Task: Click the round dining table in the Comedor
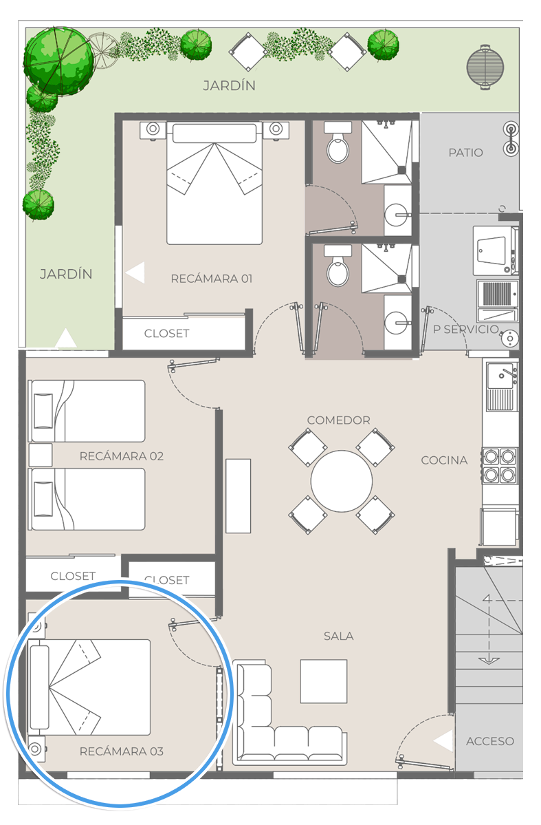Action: pyautogui.click(x=341, y=481)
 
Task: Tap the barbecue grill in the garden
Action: pyautogui.click(x=485, y=67)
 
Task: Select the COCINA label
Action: pyautogui.click(x=444, y=460)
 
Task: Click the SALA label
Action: pyautogui.click(x=339, y=636)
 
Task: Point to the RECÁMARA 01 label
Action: pyautogui.click(x=211, y=279)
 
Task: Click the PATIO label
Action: pyautogui.click(x=465, y=153)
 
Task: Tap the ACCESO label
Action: pyautogui.click(x=490, y=741)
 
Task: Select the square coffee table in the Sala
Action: pyautogui.click(x=324, y=681)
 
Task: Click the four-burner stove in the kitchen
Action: pyautogui.click(x=500, y=465)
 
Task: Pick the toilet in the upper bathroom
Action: pyautogui.click(x=338, y=143)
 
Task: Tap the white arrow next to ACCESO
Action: pyautogui.click(x=444, y=741)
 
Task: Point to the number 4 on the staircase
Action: pyautogui.click(x=487, y=599)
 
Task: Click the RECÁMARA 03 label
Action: pyautogui.click(x=122, y=751)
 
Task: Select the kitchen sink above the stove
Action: pyautogui.click(x=502, y=387)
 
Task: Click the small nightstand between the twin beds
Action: pyautogui.click(x=41, y=455)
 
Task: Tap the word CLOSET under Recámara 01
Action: pyautogui.click(x=166, y=334)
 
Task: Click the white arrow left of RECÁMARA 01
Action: pyautogui.click(x=135, y=273)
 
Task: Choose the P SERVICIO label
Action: pyautogui.click(x=466, y=330)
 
